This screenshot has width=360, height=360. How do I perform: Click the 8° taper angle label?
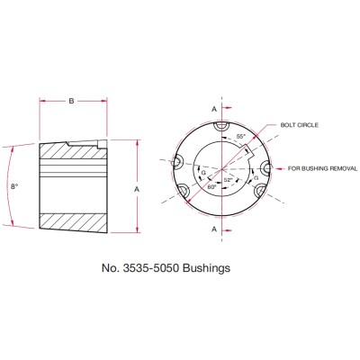pyautogui.click(x=13, y=187)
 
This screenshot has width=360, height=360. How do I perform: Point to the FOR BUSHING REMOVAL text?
pyautogui.click(x=316, y=167)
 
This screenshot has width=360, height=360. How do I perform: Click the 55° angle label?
pyautogui.click(x=240, y=137)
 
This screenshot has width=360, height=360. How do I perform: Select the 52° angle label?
pyautogui.click(x=229, y=180)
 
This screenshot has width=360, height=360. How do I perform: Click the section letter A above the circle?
pyautogui.click(x=214, y=108)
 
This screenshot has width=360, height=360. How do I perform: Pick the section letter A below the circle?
pyautogui.click(x=214, y=229)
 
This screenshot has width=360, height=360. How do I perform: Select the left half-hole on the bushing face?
pyautogui.click(x=177, y=162)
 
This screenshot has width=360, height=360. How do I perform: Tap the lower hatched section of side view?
pyautogui.click(x=72, y=220)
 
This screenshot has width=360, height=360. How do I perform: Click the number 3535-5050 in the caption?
pyautogui.click(x=164, y=267)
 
